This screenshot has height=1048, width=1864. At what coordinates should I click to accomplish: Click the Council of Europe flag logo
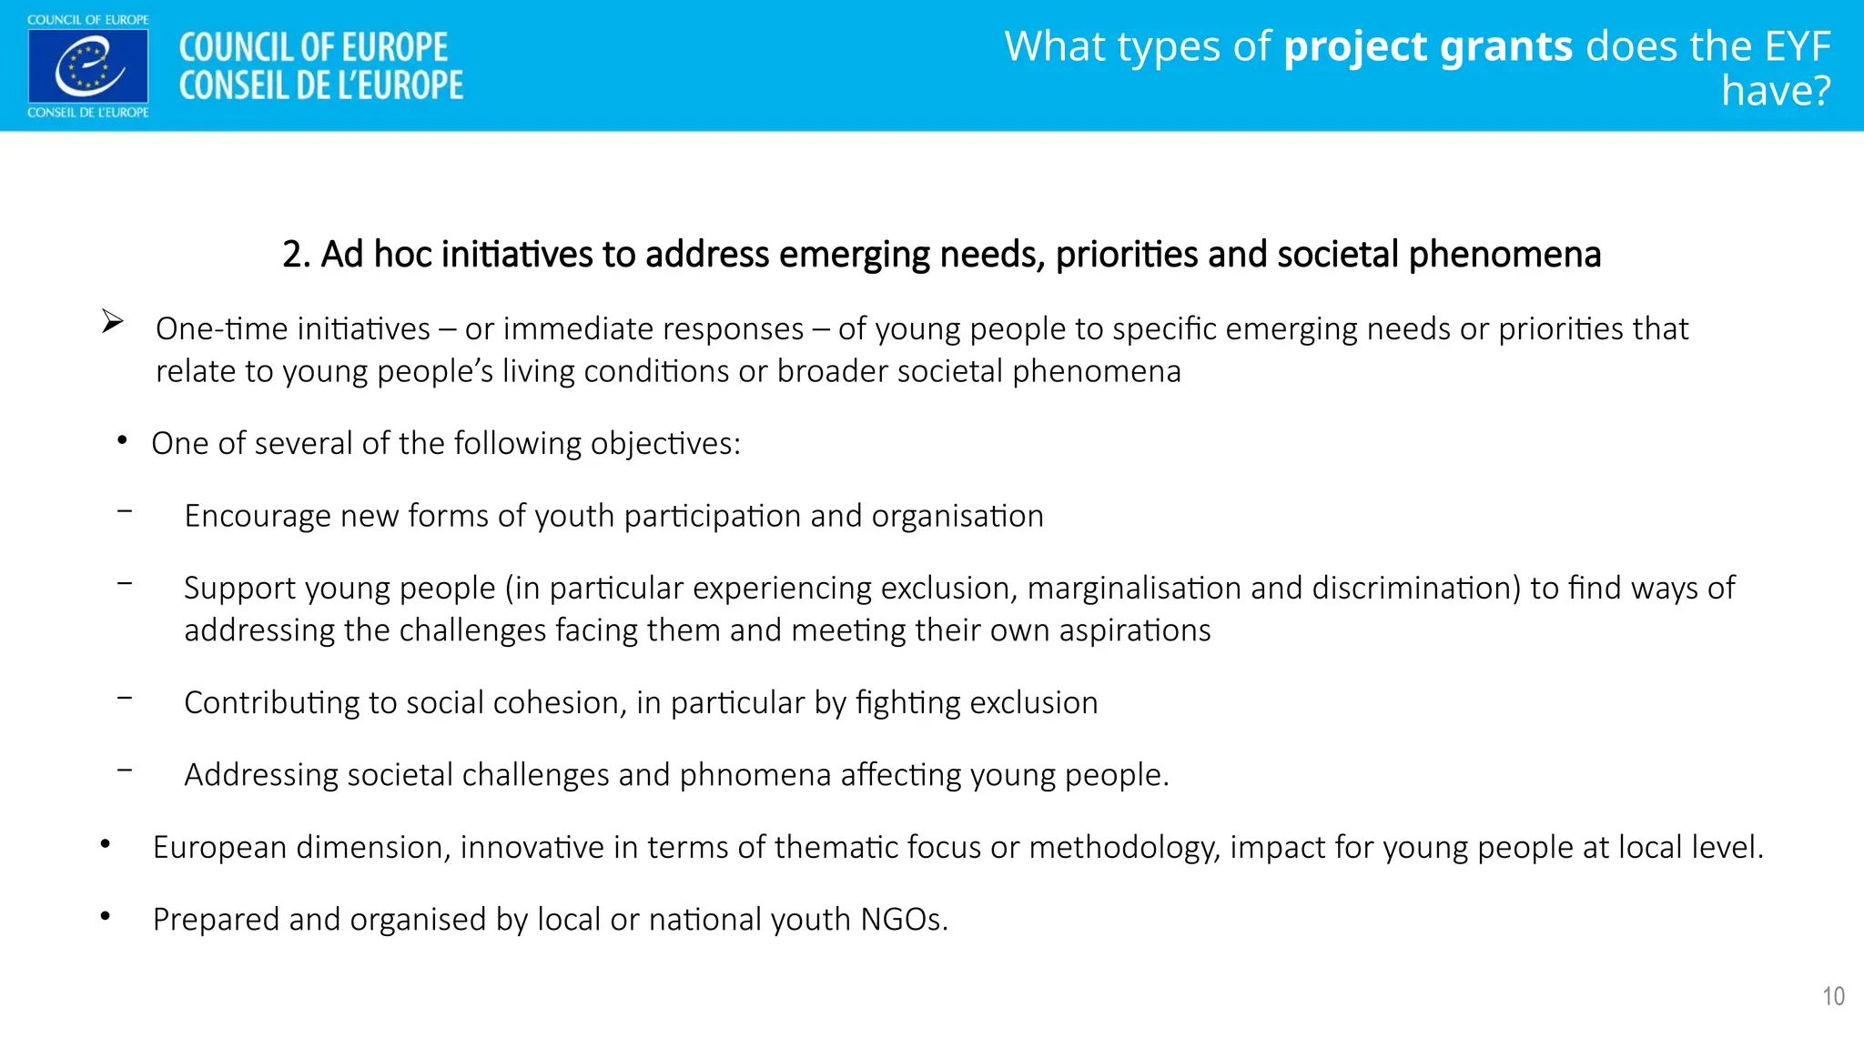click(87, 65)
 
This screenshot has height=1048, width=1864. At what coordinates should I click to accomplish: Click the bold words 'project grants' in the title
click(1427, 47)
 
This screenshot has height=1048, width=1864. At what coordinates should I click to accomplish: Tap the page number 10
click(1833, 996)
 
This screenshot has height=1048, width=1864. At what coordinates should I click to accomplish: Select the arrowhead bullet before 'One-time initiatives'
click(112, 322)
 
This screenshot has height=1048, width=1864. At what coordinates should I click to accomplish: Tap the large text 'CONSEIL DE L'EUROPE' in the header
click(320, 86)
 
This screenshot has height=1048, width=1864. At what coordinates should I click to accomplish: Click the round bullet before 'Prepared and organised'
click(106, 917)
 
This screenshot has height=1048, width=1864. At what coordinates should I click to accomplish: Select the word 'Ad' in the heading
click(342, 255)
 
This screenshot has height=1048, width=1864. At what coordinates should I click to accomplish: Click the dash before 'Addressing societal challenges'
click(125, 771)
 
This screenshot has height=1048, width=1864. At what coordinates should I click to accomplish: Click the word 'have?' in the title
click(1775, 91)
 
